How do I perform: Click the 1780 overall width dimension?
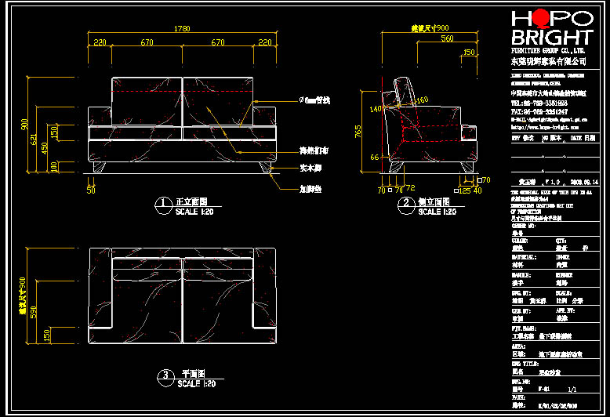click(x=182, y=30)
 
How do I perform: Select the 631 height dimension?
click(x=33, y=140)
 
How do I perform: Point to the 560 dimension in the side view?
click(x=446, y=38)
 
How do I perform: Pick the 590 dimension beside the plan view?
click(x=33, y=311)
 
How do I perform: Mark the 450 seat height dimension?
click(x=45, y=147)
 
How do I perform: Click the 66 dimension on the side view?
click(x=375, y=158)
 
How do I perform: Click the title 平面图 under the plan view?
click(x=194, y=374)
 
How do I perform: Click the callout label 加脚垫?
click(x=311, y=189)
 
